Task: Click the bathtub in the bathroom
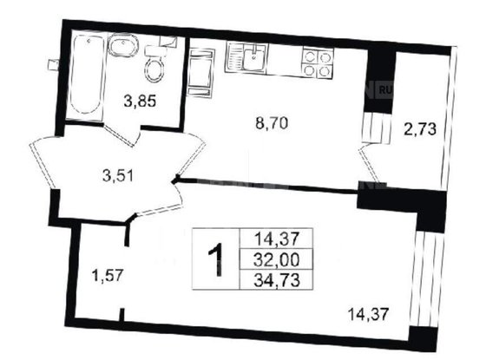coord(84,75)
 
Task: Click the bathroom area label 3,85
coord(140,101)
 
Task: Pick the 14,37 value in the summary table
coord(273,239)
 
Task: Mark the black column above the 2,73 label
coord(380,80)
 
